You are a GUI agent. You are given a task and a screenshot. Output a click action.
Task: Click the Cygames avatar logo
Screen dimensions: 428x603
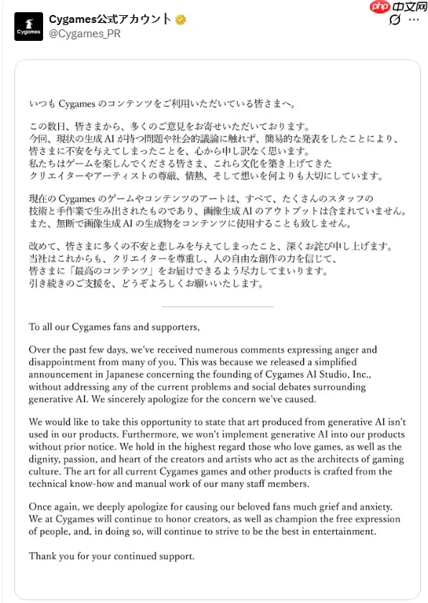(x=28, y=27)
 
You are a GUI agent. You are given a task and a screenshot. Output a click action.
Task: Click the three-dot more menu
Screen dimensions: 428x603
(x=414, y=20)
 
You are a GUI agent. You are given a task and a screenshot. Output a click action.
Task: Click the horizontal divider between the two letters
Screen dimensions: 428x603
(x=218, y=306)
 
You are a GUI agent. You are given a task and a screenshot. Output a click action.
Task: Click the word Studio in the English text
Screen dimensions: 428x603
(x=326, y=374)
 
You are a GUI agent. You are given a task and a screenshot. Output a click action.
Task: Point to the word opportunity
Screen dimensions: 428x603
(x=159, y=422)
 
